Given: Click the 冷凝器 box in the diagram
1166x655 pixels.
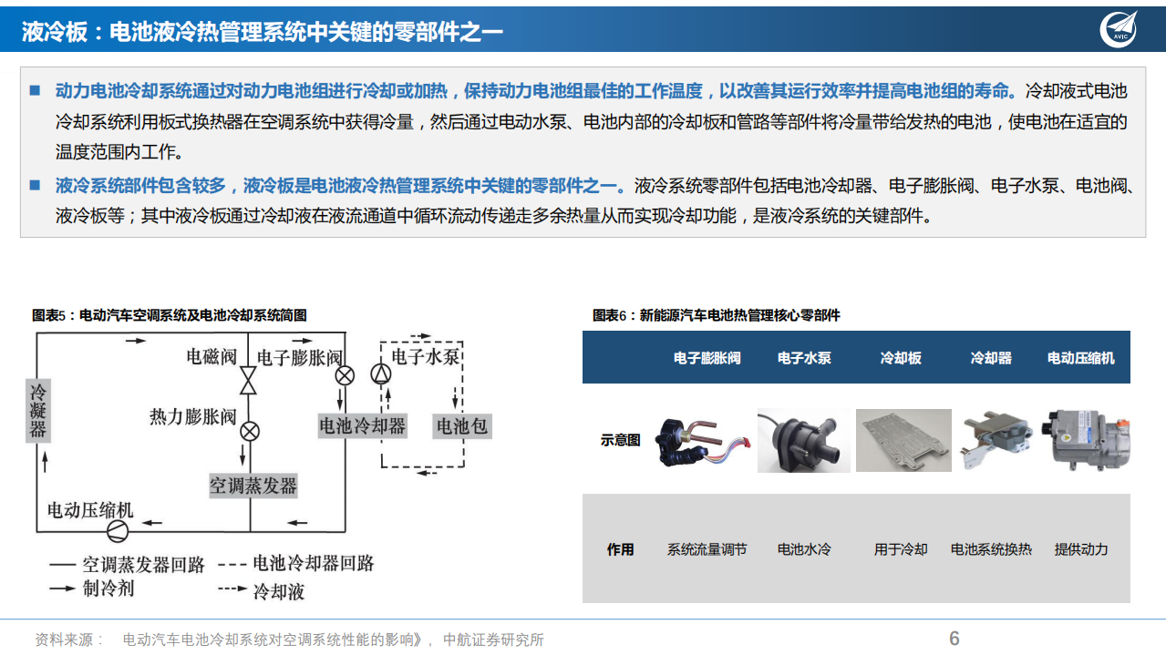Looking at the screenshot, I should click(x=37, y=410).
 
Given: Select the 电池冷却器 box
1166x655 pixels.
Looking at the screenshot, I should click(x=362, y=425).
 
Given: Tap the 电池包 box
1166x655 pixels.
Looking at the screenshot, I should click(x=461, y=425).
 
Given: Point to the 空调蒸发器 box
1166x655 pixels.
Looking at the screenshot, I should click(x=253, y=486).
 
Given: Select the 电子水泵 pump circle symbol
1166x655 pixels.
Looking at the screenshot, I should click(x=380, y=374).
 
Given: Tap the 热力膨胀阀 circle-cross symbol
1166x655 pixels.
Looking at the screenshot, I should click(x=249, y=431).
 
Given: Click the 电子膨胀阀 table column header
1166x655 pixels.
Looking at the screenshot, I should click(x=707, y=358).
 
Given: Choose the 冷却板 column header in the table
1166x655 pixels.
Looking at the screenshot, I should click(x=900, y=358).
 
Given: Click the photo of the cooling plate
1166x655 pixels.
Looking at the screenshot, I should click(x=903, y=440).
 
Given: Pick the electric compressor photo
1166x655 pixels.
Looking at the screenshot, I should click(x=1085, y=439).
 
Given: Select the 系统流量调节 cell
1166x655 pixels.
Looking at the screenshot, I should click(x=707, y=549).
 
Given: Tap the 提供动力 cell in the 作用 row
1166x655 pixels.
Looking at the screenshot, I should click(x=1081, y=549).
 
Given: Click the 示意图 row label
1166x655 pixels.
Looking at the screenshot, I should click(x=620, y=440).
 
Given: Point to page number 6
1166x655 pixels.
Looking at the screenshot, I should click(x=954, y=639).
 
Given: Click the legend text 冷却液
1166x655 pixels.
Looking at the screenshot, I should click(x=278, y=592).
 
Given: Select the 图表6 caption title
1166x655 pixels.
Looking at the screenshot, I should click(x=716, y=315).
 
